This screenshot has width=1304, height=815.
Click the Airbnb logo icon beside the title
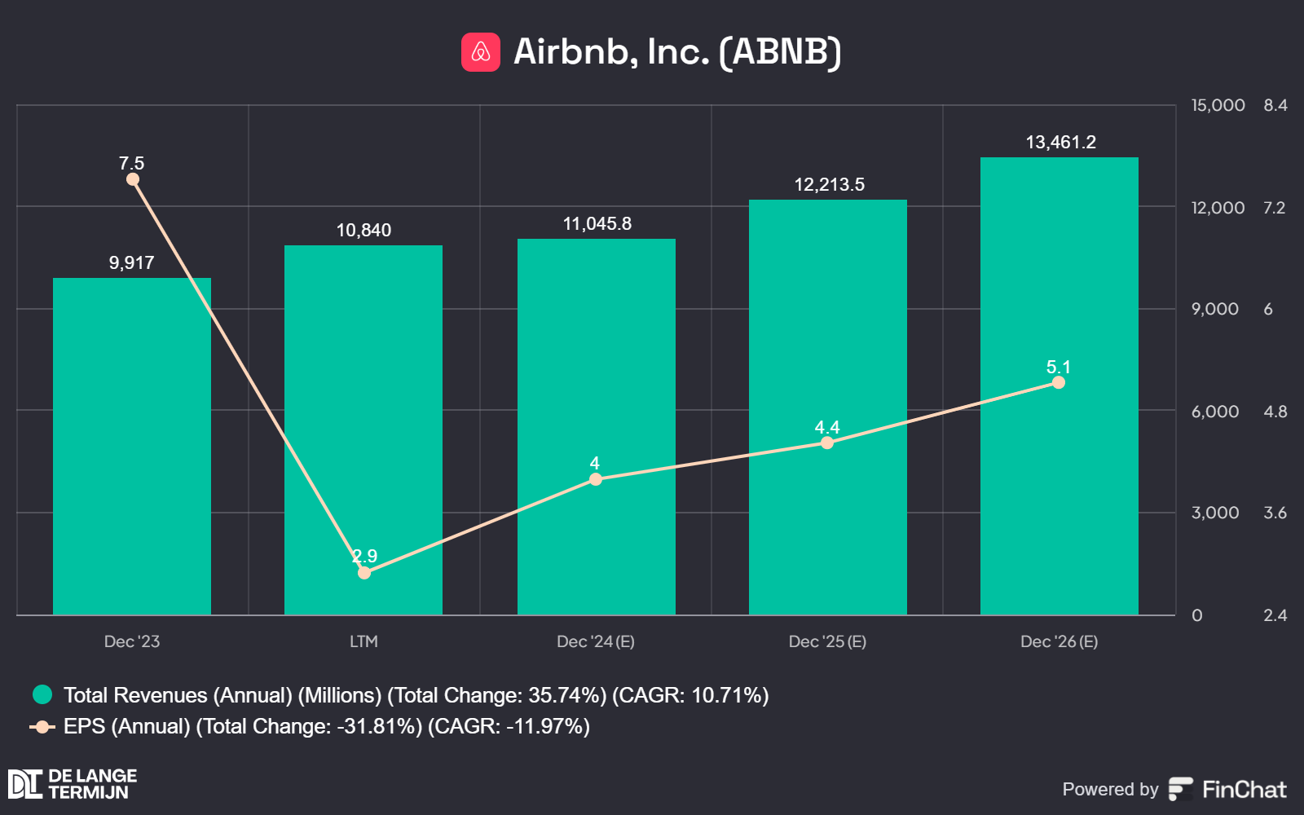click(x=481, y=52)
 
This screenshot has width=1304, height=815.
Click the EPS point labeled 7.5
click(x=133, y=179)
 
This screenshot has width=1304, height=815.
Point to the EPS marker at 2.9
click(x=364, y=573)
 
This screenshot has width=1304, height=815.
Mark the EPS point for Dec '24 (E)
click(x=596, y=479)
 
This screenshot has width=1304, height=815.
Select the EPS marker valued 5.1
click(x=1059, y=382)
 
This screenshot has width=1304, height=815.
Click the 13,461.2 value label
click(x=1060, y=143)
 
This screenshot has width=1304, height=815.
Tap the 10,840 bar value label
click(x=363, y=231)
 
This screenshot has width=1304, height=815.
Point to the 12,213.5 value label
click(x=829, y=185)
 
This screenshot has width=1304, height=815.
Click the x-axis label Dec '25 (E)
click(x=827, y=641)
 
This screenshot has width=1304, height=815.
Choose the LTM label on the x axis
click(x=363, y=641)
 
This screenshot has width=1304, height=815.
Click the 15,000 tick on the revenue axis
click(x=1218, y=105)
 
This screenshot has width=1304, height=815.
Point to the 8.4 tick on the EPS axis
click(x=1275, y=105)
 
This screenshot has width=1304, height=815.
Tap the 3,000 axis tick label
click(x=1214, y=513)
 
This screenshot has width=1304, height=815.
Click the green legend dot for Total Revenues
click(x=42, y=694)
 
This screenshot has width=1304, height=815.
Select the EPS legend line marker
click(x=42, y=726)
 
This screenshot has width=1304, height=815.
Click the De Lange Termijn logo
click(x=73, y=784)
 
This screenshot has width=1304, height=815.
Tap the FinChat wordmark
click(x=1244, y=789)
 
